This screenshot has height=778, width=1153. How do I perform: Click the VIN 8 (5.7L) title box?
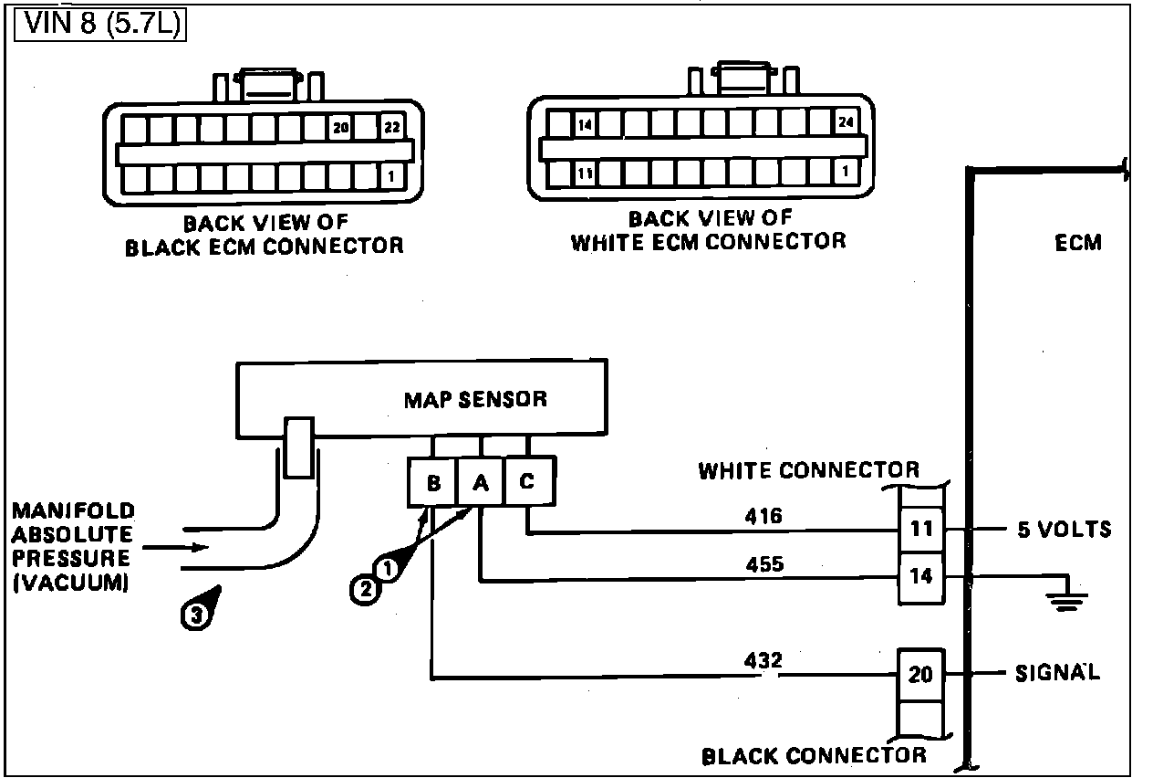click(99, 24)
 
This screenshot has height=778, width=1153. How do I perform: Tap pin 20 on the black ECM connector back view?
click(341, 127)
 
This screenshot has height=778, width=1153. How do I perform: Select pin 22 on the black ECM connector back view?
click(392, 127)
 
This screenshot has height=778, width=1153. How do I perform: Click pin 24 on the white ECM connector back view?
click(846, 122)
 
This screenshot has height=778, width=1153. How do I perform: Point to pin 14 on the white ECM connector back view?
click(585, 125)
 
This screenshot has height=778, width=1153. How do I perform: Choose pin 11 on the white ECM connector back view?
click(585, 173)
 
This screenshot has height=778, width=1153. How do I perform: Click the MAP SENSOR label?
click(475, 400)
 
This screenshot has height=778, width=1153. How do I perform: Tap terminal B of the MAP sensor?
click(433, 482)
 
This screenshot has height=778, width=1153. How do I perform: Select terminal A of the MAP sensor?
click(480, 482)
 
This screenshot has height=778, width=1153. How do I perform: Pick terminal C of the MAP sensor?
click(528, 481)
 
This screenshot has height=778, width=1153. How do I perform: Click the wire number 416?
click(763, 516)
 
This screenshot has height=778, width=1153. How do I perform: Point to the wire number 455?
click(764, 564)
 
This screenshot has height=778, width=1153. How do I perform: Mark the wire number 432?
click(763, 660)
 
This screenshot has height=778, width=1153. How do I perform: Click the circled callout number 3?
click(196, 615)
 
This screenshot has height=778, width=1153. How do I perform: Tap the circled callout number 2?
click(366, 589)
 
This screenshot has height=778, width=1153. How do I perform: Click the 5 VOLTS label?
click(1065, 530)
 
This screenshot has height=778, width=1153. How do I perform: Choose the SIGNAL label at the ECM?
click(1057, 673)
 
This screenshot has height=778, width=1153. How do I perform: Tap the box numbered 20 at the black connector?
click(921, 675)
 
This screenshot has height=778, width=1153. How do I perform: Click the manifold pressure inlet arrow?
click(175, 547)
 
